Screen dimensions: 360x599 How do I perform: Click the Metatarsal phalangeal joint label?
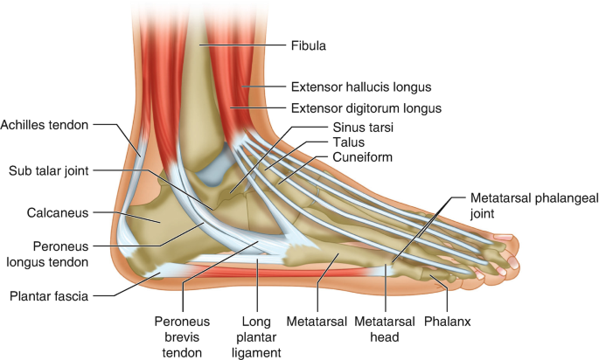point(533,206)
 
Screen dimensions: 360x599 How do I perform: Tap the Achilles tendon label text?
point(45,125)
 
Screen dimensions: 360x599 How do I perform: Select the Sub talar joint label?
point(49,170)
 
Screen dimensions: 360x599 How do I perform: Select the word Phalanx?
point(448,322)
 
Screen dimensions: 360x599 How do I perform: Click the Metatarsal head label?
point(377,329)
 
